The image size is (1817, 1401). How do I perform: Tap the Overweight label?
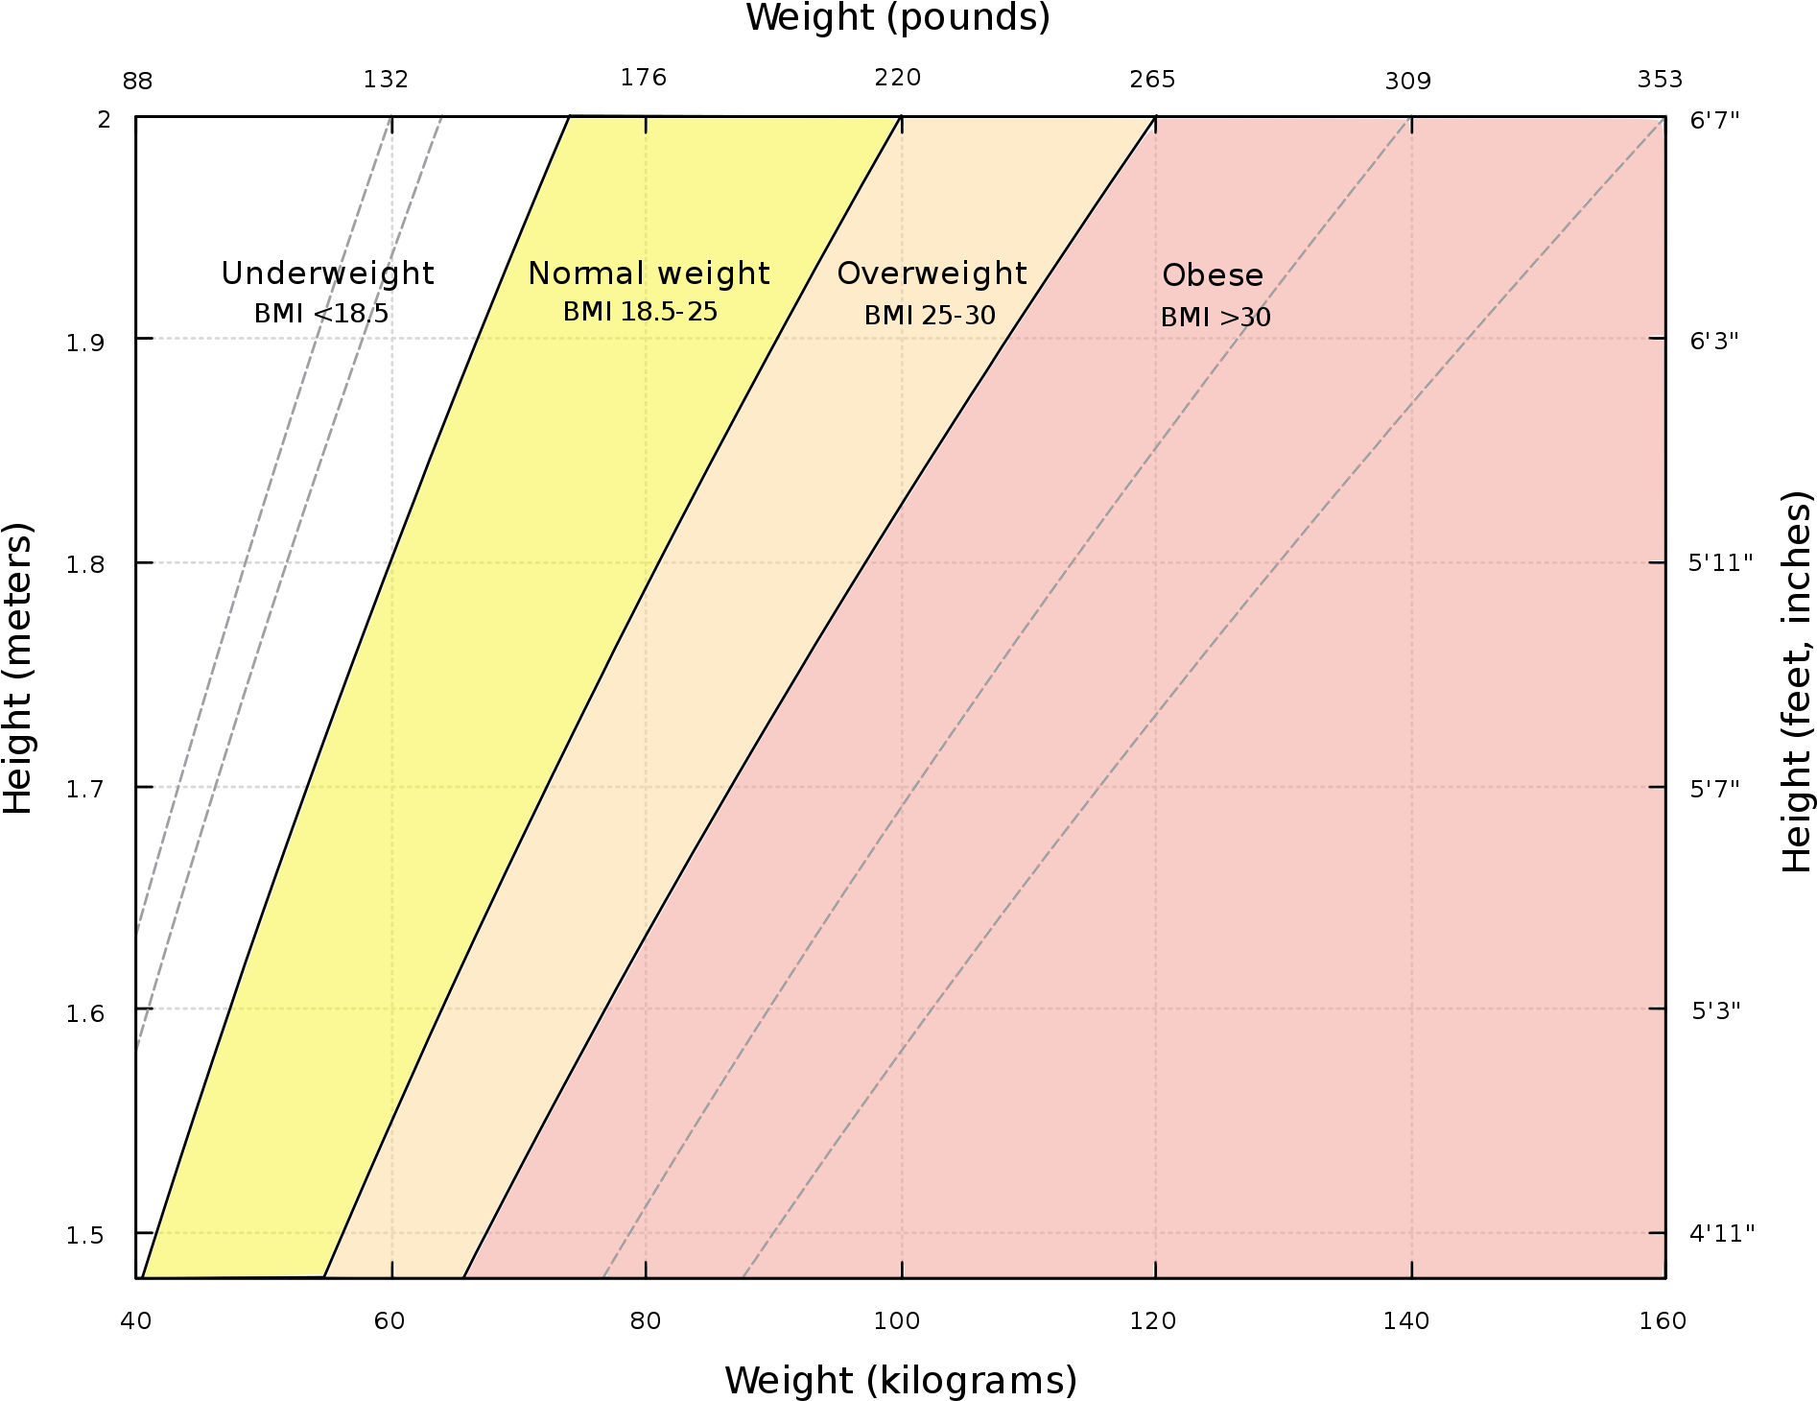[x=932, y=274]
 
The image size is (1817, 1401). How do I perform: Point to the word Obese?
[x=1213, y=276]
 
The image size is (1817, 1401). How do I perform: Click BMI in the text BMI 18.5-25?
[x=584, y=313]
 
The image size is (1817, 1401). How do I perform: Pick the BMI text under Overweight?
[x=885, y=316]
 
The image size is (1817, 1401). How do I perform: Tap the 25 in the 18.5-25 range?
[x=702, y=313]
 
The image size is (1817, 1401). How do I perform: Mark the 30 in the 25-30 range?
[x=980, y=316]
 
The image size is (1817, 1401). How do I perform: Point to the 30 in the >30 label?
[x=1255, y=318]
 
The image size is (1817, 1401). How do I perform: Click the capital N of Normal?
[x=538, y=274]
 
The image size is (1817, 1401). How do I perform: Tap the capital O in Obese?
[x=1173, y=276]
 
